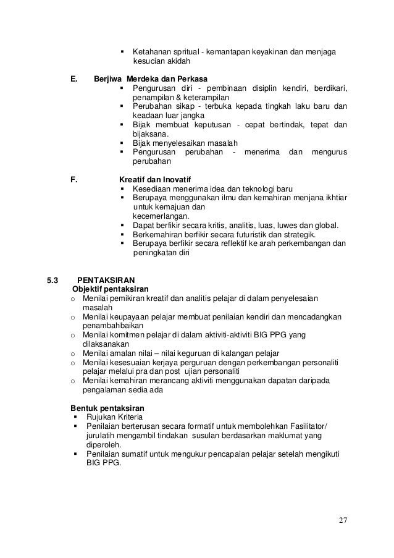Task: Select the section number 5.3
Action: [54, 279]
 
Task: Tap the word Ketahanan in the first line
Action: [151, 51]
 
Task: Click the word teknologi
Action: [247, 188]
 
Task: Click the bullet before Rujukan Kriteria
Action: [75, 418]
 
